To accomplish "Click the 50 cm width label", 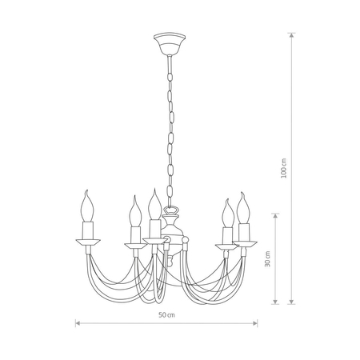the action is pyautogui.click(x=166, y=314).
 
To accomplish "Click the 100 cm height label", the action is pyautogui.click(x=284, y=168).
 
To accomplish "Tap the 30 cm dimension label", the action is pyautogui.click(x=267, y=258).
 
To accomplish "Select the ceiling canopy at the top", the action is pyautogui.click(x=170, y=43).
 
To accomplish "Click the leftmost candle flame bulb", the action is pyautogui.click(x=87, y=206).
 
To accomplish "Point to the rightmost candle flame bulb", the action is pyautogui.click(x=243, y=208).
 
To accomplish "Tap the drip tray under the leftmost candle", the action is pyautogui.click(x=88, y=242).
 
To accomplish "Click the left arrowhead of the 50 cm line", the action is pyautogui.click(x=78, y=323).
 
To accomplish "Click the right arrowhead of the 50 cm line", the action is pyautogui.click(x=255, y=323).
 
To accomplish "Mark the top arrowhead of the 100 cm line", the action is pyautogui.click(x=292, y=35).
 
